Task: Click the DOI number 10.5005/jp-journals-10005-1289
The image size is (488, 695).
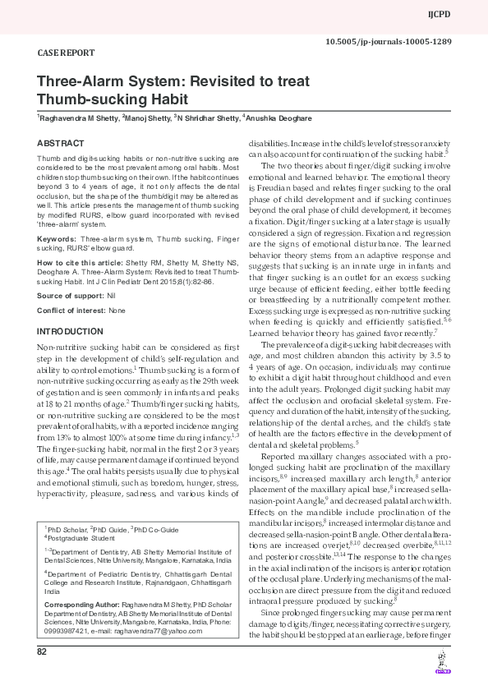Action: [x=400, y=41]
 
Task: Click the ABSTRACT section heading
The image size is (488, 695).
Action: [x=60, y=143]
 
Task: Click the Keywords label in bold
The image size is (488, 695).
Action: [x=57, y=239]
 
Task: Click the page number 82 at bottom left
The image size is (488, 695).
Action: [x=42, y=674]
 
